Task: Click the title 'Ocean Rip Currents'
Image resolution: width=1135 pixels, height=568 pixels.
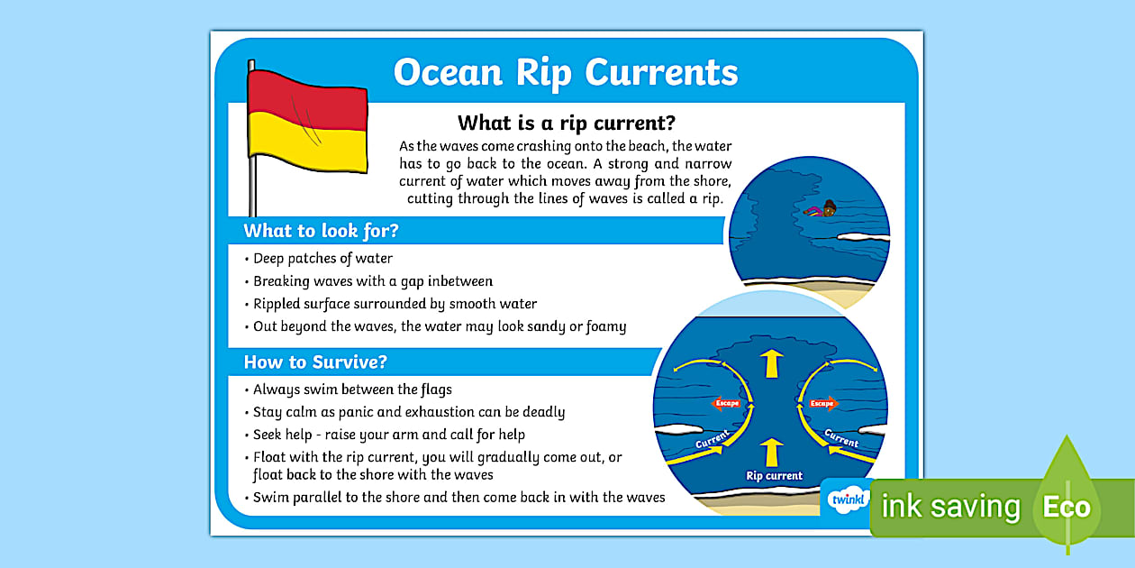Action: click(566, 73)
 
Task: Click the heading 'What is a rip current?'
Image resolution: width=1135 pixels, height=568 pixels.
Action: click(567, 123)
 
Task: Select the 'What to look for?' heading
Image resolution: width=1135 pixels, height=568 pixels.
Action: click(321, 231)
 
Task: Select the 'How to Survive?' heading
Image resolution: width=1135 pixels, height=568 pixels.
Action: click(315, 362)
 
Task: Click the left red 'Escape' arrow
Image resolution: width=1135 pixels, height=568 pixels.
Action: click(727, 403)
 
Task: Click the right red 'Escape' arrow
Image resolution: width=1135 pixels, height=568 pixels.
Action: click(822, 403)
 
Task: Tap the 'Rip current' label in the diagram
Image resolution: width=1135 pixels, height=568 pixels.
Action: click(773, 475)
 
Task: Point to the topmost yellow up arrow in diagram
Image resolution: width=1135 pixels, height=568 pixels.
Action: click(771, 363)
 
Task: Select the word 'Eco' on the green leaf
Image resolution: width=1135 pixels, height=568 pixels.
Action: click(1067, 507)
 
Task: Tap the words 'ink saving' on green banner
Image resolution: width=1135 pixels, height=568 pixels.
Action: click(950, 507)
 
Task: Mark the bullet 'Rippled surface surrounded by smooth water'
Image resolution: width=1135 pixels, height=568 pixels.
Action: click(395, 304)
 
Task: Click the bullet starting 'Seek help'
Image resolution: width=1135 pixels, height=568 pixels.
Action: click(388, 435)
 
